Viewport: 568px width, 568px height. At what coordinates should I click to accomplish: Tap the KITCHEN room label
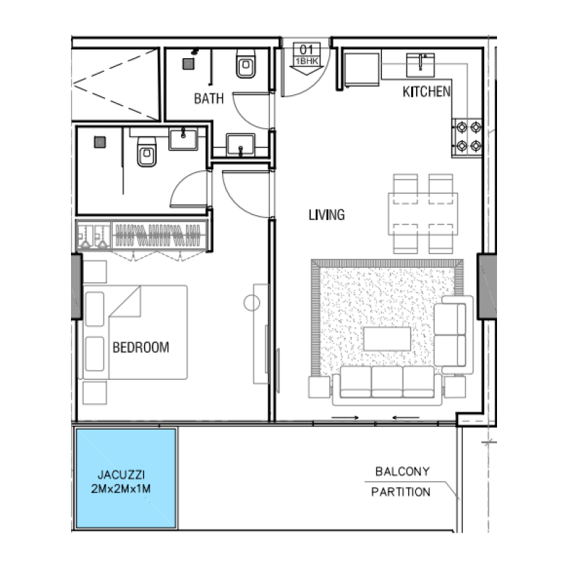[x=426, y=92]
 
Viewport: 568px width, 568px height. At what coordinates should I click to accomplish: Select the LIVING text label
[x=327, y=214]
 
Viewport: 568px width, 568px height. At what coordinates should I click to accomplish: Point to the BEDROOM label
[x=141, y=348]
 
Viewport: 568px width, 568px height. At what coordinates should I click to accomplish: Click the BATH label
[x=209, y=99]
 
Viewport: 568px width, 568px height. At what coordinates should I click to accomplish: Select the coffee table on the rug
[x=387, y=338]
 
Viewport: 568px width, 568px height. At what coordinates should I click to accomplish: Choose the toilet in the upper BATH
[x=246, y=68]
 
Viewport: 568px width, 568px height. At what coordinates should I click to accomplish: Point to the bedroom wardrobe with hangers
[x=160, y=235]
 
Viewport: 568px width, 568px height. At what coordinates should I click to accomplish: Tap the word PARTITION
[x=400, y=492]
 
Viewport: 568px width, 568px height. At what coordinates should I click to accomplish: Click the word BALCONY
[x=402, y=471]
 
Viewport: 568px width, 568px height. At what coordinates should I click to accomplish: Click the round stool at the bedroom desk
[x=251, y=303]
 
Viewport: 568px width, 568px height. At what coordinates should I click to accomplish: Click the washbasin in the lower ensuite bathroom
[x=187, y=137]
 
